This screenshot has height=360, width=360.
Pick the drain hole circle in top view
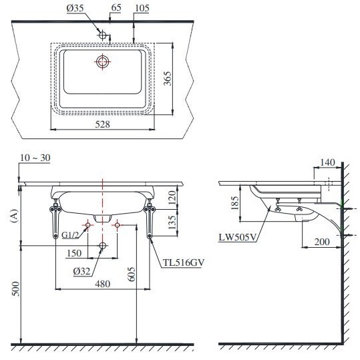[102, 62]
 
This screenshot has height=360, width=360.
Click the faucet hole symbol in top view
[102, 34]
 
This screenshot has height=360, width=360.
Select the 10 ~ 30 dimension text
[35, 158]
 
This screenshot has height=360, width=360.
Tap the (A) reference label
[13, 214]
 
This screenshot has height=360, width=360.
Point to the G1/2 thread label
[71, 235]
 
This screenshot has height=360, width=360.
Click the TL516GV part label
[182, 262]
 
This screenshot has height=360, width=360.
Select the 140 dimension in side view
[327, 162]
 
